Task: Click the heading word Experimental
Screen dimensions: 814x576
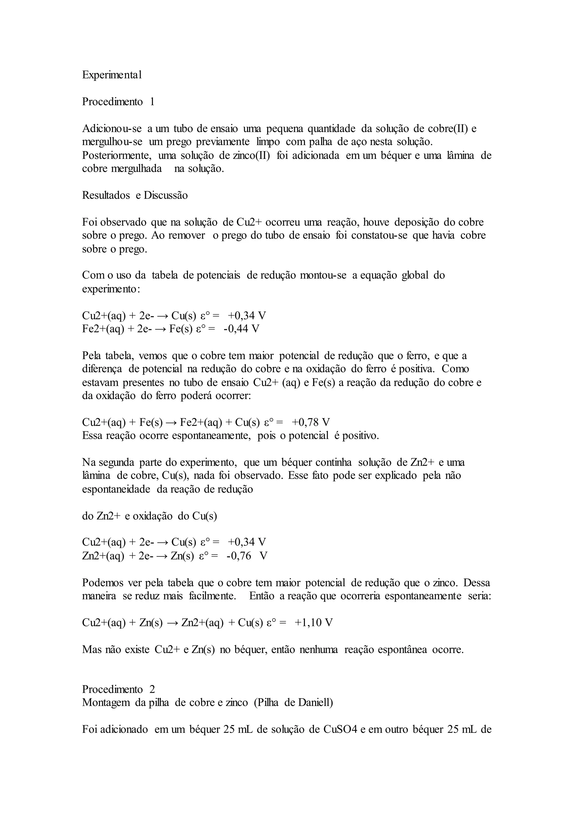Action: click(x=112, y=75)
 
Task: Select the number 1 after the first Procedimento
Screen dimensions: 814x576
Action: click(x=152, y=102)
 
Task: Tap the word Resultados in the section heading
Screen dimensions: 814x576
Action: click(x=106, y=195)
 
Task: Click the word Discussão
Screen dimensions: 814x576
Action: click(x=166, y=195)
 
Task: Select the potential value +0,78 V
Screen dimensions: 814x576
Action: click(x=311, y=422)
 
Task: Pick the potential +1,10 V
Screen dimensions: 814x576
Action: click(x=314, y=623)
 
